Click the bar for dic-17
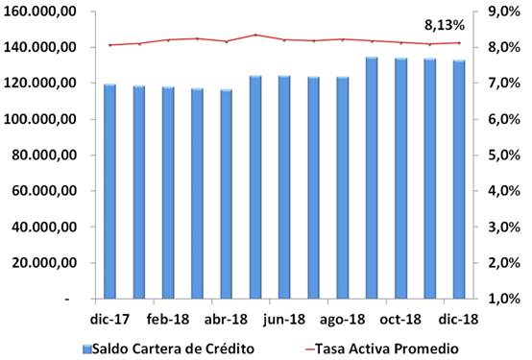click(109, 192)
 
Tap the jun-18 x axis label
click(284, 320)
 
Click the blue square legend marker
click(85, 348)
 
